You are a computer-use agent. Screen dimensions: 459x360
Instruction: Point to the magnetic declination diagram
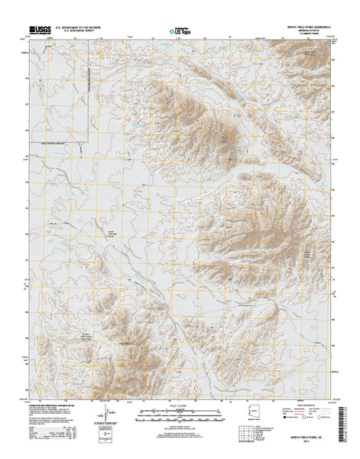pyautogui.click(x=102, y=416)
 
